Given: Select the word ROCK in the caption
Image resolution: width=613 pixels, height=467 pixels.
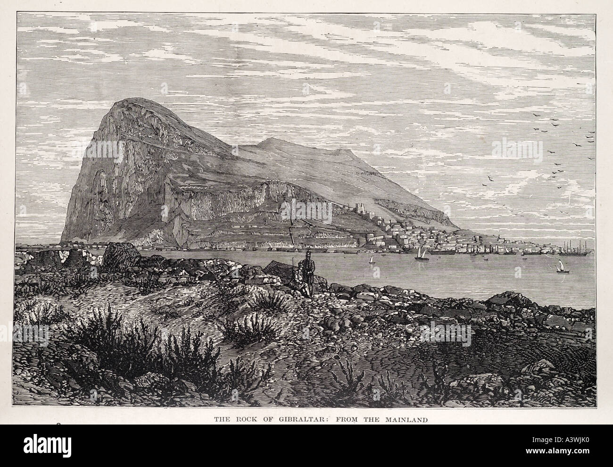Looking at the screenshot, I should tap(242, 419).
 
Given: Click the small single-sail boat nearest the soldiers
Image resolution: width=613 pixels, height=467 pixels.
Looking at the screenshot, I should tap(371, 259).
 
